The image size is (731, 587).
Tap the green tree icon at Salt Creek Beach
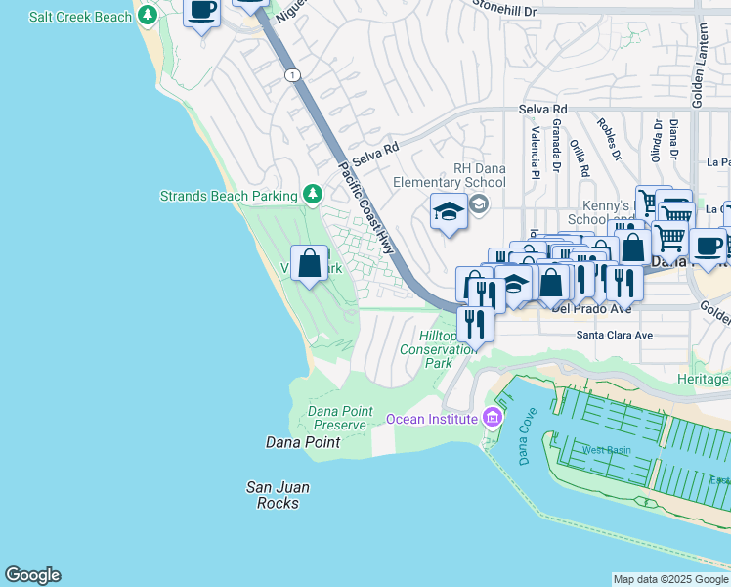pyautogui.click(x=148, y=16)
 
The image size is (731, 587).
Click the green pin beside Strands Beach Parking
pyautogui.click(x=313, y=195)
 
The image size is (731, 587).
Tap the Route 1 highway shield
pyautogui.click(x=291, y=74)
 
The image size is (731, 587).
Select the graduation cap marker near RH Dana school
pyautogui.click(x=449, y=211)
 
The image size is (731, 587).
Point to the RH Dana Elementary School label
pyautogui.click(x=450, y=175)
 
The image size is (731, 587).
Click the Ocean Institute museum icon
pyautogui.click(x=492, y=419)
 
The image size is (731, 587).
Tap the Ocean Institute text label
pyautogui.click(x=431, y=419)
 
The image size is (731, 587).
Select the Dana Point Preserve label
pyautogui.click(x=340, y=418)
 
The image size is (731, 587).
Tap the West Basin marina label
pyautogui.click(x=606, y=450)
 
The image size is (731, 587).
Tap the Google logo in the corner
pyautogui.click(x=32, y=575)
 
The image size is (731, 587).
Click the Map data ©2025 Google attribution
pyautogui.click(x=670, y=579)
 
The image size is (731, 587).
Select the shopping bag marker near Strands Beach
pyautogui.click(x=309, y=263)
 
